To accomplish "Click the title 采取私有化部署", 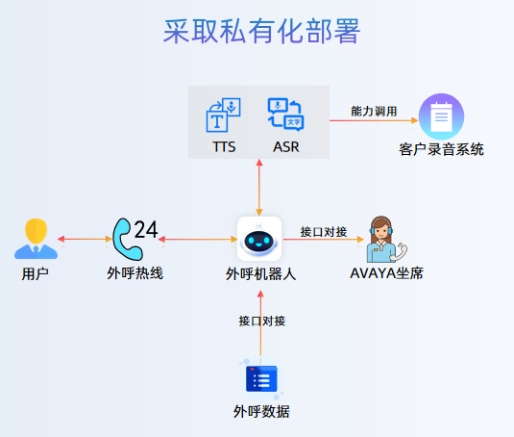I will tap(261, 31).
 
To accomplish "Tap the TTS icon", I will tap(224, 115).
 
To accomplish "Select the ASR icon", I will tap(285, 115).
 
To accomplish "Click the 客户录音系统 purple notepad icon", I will tap(441, 116).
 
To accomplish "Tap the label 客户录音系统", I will tap(441, 149).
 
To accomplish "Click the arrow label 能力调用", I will tap(374, 112).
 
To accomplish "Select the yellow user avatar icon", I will tap(36, 239).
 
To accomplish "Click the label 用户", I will tap(36, 274).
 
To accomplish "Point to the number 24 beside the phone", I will tap(146, 229).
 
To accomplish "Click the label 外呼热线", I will tap(135, 273).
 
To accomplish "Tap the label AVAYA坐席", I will tap(386, 273).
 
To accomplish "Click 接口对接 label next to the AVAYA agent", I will tap(323, 231).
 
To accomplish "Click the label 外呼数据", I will tap(260, 412).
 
